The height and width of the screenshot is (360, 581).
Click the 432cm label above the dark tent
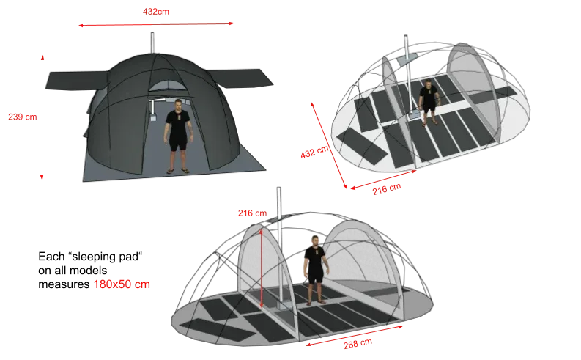click(155, 12)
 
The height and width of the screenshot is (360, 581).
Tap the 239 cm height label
click(23, 117)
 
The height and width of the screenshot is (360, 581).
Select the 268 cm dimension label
click(358, 344)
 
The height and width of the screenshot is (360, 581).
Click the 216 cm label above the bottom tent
click(252, 213)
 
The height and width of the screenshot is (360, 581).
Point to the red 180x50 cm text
click(122, 284)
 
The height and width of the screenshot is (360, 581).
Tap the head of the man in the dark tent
click(178, 105)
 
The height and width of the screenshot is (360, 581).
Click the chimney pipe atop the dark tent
click(152, 43)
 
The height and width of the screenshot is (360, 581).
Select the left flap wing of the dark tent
click(76, 81)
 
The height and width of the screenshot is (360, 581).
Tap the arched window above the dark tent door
click(168, 86)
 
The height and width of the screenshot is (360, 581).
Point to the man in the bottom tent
click(315, 271)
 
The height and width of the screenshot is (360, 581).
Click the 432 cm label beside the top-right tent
click(314, 152)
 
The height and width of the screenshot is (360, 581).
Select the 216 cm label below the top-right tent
click(387, 189)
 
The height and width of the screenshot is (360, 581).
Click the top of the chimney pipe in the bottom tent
click(278, 188)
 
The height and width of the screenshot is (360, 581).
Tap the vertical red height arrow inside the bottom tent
click(262, 268)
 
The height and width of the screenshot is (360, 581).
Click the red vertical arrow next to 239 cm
click(42, 118)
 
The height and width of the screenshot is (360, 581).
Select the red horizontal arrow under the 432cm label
click(156, 24)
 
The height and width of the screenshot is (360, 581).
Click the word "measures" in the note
click(64, 284)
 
